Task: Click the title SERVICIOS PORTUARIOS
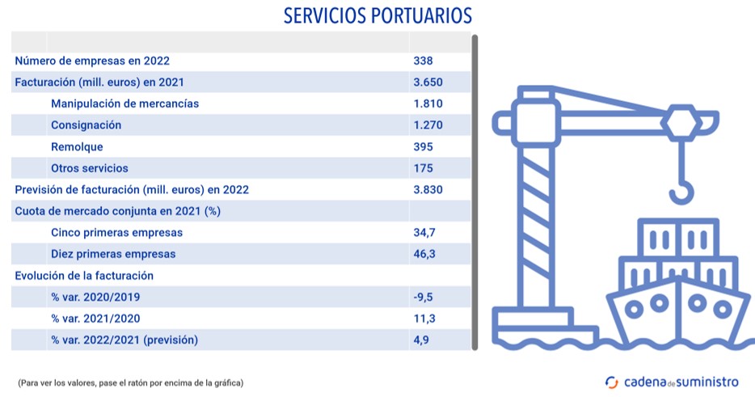377,15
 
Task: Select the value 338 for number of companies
423,61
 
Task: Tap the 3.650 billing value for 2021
428,82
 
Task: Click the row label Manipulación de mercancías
124,103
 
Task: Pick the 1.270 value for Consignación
428,125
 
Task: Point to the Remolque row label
77,147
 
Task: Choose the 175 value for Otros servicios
423,168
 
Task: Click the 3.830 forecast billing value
428,190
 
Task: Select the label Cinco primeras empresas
116,233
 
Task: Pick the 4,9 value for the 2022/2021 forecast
420,340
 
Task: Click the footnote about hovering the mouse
130,382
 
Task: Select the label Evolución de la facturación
84,276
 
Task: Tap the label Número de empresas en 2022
92,61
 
